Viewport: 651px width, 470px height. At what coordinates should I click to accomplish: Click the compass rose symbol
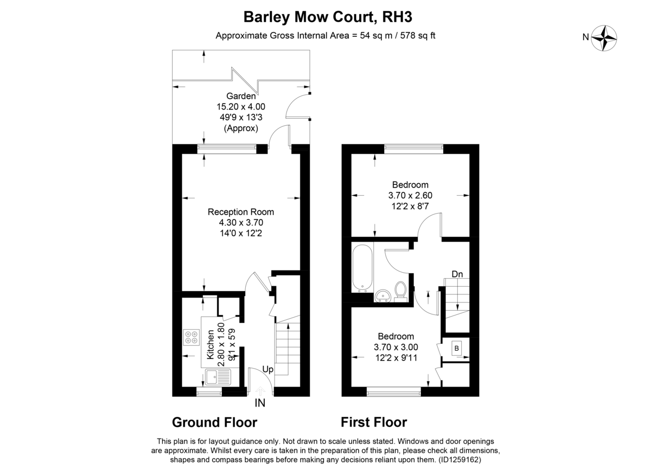click(604, 38)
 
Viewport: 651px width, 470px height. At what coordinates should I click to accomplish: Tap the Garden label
click(241, 96)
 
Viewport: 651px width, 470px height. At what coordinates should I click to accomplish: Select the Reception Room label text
click(241, 212)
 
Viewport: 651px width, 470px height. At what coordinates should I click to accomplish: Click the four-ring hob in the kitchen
click(191, 337)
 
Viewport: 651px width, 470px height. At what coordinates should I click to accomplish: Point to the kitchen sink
click(218, 377)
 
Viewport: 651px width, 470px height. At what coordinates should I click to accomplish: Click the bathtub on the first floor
click(362, 268)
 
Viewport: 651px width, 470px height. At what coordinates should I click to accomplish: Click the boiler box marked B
click(457, 348)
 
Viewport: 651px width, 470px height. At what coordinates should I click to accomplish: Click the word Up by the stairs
click(267, 370)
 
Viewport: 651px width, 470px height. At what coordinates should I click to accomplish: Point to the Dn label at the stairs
click(457, 274)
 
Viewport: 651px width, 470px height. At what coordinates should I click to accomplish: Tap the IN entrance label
click(260, 403)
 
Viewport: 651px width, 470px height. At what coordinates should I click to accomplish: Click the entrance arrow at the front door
click(260, 391)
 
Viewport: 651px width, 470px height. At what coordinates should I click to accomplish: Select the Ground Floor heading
click(214, 422)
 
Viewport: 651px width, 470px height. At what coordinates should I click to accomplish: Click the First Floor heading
click(374, 422)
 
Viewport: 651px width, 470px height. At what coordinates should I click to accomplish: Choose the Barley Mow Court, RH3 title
click(328, 17)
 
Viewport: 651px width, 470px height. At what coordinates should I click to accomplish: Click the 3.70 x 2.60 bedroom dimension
click(410, 196)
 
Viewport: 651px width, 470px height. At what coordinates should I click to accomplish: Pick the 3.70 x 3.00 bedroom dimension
click(396, 347)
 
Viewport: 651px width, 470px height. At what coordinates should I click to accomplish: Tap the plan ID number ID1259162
click(460, 460)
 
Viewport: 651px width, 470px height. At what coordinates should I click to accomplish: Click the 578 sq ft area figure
click(418, 35)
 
